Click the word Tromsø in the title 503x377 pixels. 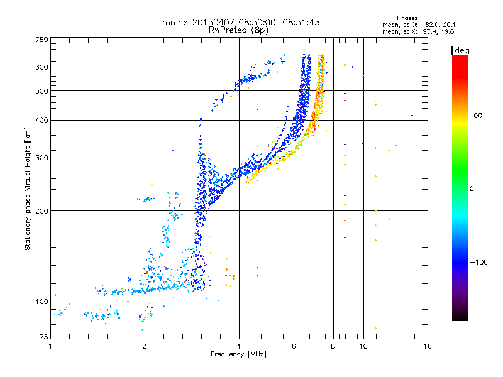tap(174, 22)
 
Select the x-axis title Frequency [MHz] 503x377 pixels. tap(238, 354)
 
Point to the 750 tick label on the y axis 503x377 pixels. tap(41, 40)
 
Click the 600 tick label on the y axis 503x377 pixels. tap(41, 67)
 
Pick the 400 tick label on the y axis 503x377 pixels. tap(41, 120)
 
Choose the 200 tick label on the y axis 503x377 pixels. tap(41, 210)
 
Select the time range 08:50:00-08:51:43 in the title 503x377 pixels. tap(282, 22)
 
